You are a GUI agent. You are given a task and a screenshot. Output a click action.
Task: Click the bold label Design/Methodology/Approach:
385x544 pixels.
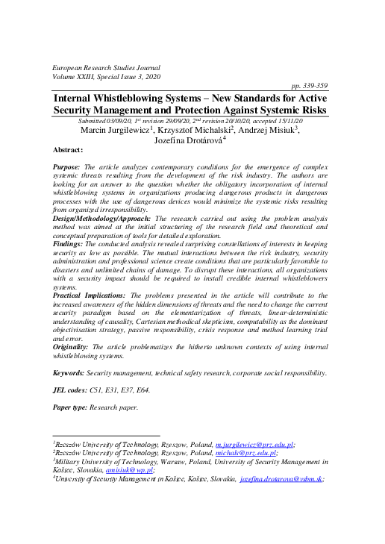103,217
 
